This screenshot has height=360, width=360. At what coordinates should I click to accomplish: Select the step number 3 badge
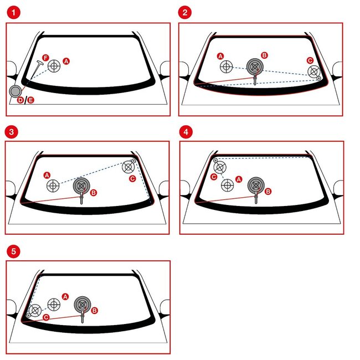(x=11, y=132)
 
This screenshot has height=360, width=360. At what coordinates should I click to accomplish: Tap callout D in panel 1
(x=20, y=100)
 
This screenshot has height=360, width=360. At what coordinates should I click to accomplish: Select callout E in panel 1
(x=30, y=100)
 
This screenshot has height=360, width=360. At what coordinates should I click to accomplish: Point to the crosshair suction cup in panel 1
(x=54, y=66)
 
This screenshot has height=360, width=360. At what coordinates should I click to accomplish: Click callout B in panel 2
(x=264, y=55)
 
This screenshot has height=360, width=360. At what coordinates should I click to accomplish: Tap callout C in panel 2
(x=310, y=60)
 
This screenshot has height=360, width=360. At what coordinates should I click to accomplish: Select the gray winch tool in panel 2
(x=254, y=67)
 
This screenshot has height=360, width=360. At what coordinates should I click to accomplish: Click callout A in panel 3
(x=47, y=174)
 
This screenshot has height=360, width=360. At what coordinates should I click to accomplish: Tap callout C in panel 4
(x=213, y=177)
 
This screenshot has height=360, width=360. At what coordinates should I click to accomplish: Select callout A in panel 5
(x=65, y=296)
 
